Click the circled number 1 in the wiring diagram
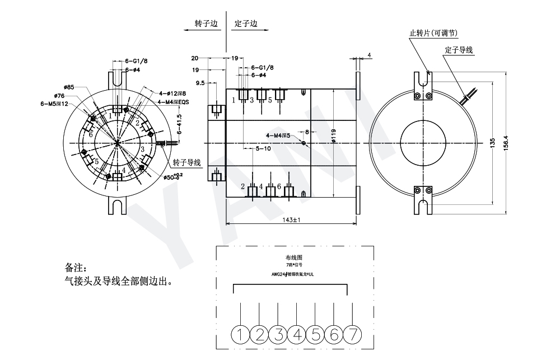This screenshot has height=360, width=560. point(241,335)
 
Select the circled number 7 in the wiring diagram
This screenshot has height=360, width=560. point(353,335)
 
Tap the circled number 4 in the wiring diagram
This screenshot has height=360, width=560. point(297,335)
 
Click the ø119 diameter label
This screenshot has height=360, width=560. point(332,136)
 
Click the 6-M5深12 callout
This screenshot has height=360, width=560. point(55,104)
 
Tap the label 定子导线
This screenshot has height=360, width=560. point(459,50)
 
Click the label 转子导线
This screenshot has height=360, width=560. point(186,162)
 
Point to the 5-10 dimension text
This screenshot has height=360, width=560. point(263,148)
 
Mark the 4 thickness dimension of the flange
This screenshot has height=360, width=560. point(370,55)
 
